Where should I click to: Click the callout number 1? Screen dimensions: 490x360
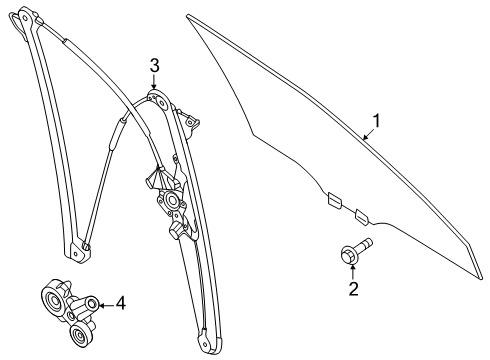pos(376,121)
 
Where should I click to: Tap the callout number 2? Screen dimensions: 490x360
pos(353,288)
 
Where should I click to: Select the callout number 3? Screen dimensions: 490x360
pos(154,66)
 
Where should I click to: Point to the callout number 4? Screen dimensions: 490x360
pos(121,303)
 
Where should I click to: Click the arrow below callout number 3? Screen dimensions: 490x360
pos(153,82)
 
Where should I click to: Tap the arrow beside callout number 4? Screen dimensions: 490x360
pos(106,305)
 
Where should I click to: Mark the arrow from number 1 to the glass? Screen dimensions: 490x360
pos(369,134)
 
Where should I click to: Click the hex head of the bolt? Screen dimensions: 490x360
pos(349,255)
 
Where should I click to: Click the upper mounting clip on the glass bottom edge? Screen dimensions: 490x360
pos(335,200)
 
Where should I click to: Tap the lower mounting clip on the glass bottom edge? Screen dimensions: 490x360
pos(362,217)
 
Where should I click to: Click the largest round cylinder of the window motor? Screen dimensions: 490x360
pos(53,303)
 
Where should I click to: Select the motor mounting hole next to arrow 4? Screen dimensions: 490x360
pos(92,303)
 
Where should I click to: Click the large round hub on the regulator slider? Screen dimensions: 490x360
pos(173,201)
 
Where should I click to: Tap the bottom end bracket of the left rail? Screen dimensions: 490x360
pos(78,250)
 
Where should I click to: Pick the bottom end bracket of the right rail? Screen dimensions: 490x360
pos(210,341)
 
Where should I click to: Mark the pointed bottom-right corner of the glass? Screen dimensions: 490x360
pos(481,277)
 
